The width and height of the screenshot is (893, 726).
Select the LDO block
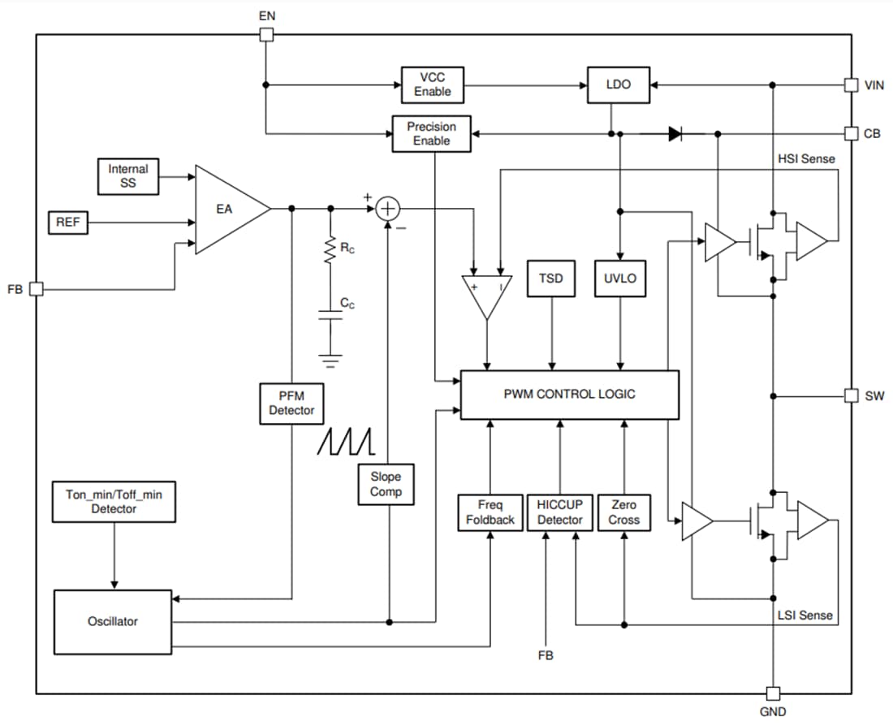(x=619, y=84)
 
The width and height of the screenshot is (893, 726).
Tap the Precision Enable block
(x=431, y=134)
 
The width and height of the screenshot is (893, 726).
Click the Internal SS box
(x=127, y=176)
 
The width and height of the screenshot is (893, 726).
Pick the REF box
(x=68, y=222)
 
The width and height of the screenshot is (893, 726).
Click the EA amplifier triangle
(x=226, y=210)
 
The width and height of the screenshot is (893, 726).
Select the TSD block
(x=551, y=279)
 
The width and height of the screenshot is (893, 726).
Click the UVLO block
(x=621, y=279)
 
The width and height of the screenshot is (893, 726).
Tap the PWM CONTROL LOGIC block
(x=569, y=395)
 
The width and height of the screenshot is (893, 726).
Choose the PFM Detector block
(x=291, y=403)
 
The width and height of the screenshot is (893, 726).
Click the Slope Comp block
(x=386, y=484)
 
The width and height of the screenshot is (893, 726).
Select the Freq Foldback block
(x=490, y=512)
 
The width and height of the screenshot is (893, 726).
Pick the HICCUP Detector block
(x=559, y=512)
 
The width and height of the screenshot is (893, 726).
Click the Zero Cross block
(x=623, y=512)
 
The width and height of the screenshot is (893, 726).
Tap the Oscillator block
(x=113, y=621)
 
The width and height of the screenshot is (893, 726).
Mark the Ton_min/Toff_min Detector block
(x=114, y=501)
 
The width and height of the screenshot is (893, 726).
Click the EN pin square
(x=265, y=34)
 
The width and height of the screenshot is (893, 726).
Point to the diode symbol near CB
(x=675, y=134)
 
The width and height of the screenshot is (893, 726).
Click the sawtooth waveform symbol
(x=345, y=441)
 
